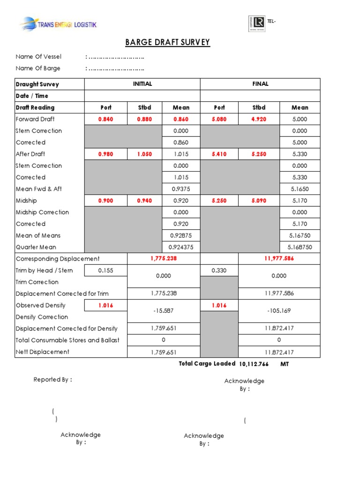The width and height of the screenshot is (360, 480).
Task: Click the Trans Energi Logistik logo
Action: tap(58, 24)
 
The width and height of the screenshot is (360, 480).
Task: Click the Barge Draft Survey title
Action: tap(167, 43)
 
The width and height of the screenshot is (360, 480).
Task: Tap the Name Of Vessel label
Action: tap(38, 57)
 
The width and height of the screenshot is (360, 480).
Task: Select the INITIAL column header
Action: tap(142, 84)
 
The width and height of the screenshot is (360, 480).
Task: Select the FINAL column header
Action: tap(260, 84)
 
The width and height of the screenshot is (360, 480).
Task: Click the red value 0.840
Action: tap(106, 119)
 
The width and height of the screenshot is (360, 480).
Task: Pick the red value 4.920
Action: tap(259, 119)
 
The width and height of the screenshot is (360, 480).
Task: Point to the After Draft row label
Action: tap(30, 154)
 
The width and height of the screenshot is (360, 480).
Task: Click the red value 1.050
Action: tap(144, 154)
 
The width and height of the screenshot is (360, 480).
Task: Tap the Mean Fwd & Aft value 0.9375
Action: tap(181, 189)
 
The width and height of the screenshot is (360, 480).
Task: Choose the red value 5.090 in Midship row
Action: tap(259, 201)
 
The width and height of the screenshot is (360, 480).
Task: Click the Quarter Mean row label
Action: tap(36, 247)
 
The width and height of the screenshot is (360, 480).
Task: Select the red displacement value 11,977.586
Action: tap(279, 259)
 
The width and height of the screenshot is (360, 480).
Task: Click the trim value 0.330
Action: tap(219, 270)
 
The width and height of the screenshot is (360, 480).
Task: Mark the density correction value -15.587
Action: tap(164, 311)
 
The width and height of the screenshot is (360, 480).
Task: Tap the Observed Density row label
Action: tap(41, 305)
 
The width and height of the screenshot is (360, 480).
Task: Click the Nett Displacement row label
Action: tap(43, 352)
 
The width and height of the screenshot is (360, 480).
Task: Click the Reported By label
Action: tap(52, 380)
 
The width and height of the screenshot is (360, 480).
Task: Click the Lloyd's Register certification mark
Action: tap(256, 23)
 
